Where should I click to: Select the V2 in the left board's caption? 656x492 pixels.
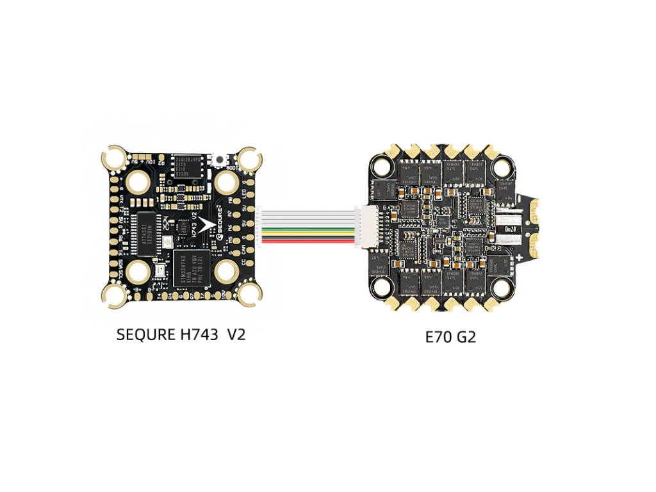(x=236, y=334)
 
